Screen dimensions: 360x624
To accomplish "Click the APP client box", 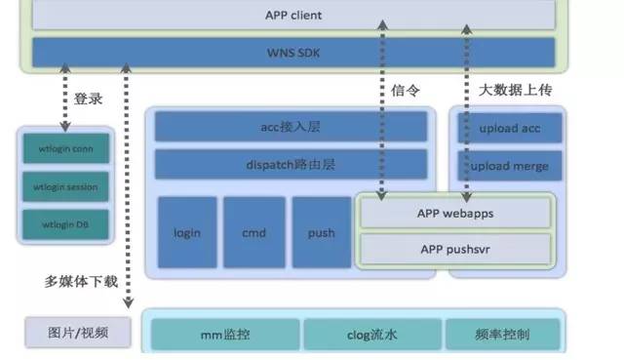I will [292, 16].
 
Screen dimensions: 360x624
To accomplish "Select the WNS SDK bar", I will [292, 51].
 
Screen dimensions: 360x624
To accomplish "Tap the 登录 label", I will [89, 99].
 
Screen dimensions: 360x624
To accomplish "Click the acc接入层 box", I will [291, 127].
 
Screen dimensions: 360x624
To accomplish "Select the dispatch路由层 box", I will [291, 164].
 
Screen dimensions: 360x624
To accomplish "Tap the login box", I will [187, 232].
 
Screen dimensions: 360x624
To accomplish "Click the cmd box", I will [253, 232].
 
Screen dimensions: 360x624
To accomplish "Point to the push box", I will [321, 232].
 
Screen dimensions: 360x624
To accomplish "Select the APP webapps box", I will [455, 211].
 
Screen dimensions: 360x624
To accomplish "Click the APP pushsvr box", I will [455, 249].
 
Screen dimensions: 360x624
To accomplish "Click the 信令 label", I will [405, 90].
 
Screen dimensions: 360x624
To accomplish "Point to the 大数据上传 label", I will [516, 90].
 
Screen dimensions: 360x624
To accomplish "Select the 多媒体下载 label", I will [81, 282].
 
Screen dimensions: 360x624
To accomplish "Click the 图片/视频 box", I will [77, 333].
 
